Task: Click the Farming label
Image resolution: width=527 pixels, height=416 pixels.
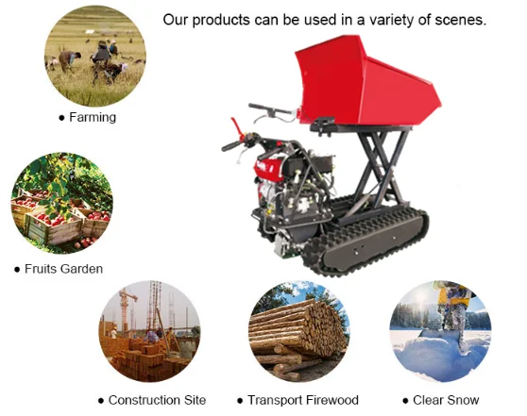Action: tap(93, 118)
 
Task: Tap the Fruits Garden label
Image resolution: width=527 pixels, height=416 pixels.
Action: tap(63, 269)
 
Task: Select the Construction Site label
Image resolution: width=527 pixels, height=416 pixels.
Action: tap(157, 400)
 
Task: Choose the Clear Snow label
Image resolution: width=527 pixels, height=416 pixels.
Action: tap(446, 400)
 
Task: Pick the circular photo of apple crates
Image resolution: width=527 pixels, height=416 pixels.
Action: tap(62, 207)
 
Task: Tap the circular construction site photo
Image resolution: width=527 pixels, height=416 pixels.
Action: tap(149, 331)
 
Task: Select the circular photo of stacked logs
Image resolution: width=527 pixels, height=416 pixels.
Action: tap(299, 331)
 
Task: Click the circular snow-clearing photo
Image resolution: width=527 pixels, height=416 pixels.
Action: tap(440, 331)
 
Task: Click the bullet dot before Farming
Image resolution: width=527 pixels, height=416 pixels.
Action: tap(62, 119)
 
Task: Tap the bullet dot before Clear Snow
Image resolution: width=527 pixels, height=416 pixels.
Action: tap(405, 401)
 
